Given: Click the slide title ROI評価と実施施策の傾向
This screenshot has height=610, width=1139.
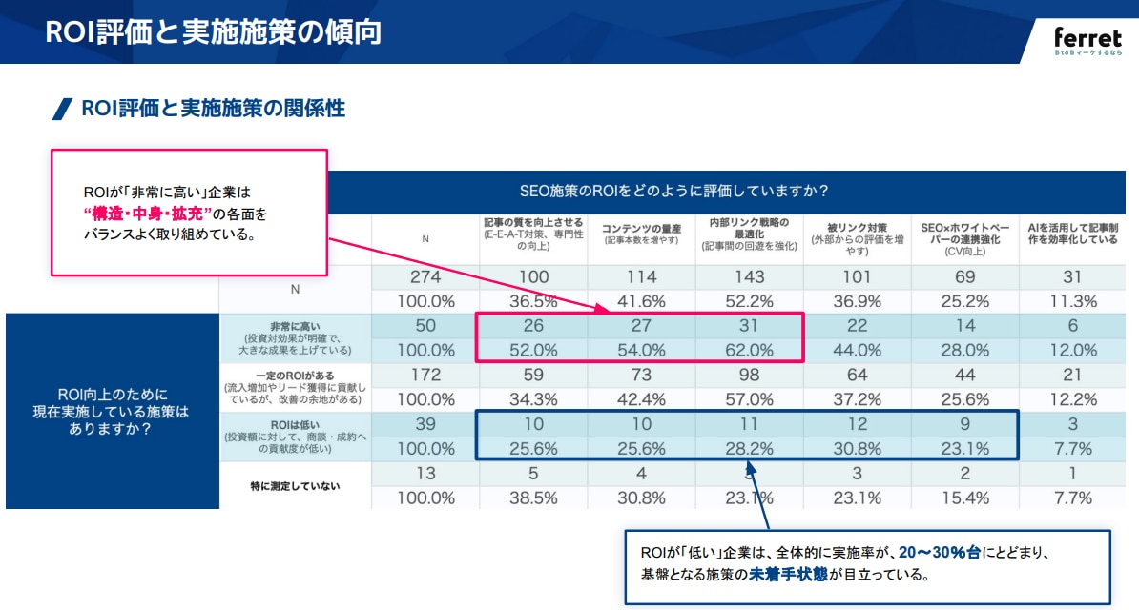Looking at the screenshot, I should pyautogui.click(x=214, y=31).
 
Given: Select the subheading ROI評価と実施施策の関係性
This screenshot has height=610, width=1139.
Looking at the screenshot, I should pyautogui.click(x=212, y=108).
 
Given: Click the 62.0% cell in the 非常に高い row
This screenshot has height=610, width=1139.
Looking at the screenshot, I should pyautogui.click(x=750, y=350).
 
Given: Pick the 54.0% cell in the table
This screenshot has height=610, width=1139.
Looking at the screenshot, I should pyautogui.click(x=641, y=350).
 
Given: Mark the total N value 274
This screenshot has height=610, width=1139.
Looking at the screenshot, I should pyautogui.click(x=425, y=276).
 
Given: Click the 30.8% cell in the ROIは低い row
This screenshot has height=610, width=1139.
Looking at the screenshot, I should pyautogui.click(x=858, y=448).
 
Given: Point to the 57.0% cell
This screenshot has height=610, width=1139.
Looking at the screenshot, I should pyautogui.click(x=750, y=398).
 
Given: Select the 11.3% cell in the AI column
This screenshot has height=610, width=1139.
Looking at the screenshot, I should pyautogui.click(x=1073, y=301).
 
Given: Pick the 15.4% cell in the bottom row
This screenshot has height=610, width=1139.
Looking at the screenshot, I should pyautogui.click(x=965, y=497).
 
